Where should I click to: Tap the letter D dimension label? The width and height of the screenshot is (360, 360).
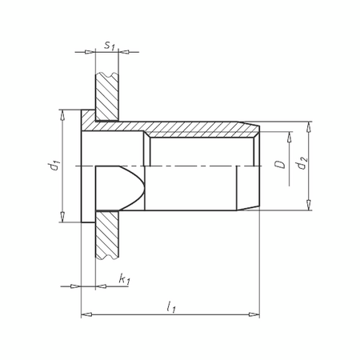[278, 166]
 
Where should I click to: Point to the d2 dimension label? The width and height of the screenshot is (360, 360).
[300, 166]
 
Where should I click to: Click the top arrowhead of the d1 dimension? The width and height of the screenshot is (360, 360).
[61, 116]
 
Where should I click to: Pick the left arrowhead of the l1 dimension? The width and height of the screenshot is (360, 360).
[86, 314]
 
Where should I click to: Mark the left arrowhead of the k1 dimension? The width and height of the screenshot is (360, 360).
[74, 286]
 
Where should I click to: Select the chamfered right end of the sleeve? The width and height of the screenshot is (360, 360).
[255, 130]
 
